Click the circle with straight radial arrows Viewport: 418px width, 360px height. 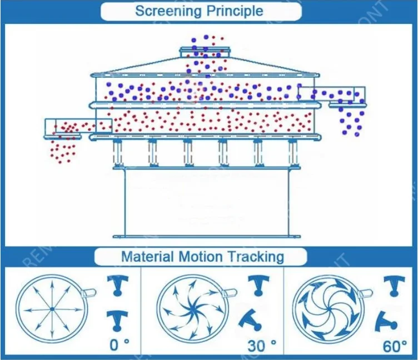51,308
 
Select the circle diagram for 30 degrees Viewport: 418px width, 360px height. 192,308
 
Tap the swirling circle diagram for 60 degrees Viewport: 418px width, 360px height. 329,308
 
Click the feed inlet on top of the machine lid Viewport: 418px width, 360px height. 204,52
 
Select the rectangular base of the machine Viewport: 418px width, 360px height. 206,202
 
